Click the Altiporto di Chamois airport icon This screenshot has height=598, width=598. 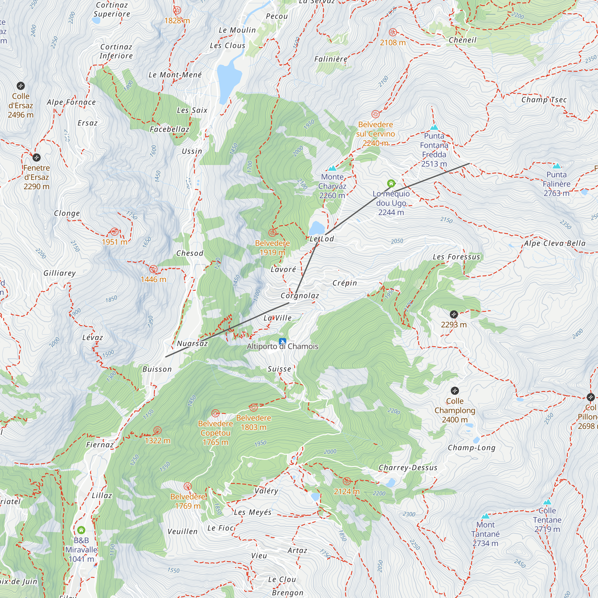282,341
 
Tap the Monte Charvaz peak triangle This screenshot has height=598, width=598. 332,168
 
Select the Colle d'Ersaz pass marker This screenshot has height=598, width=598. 21,86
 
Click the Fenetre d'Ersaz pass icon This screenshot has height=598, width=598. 36,158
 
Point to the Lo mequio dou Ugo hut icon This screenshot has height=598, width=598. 391,184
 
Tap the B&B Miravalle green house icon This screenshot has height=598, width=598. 81,530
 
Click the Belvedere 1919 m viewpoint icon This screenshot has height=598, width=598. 272,233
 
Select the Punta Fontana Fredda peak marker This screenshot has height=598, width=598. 434,127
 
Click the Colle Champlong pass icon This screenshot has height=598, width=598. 454,390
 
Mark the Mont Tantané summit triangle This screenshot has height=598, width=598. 485,516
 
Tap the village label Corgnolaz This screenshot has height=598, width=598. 300,296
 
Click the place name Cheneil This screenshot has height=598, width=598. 463,40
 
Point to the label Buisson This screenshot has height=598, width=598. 157,369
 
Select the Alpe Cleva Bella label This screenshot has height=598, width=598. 555,243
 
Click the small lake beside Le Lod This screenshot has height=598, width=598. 316,228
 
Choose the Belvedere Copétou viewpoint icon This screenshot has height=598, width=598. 215,413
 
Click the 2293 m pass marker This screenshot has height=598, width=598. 454,315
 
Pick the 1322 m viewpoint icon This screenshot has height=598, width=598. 157,430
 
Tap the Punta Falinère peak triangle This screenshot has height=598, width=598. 556,166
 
